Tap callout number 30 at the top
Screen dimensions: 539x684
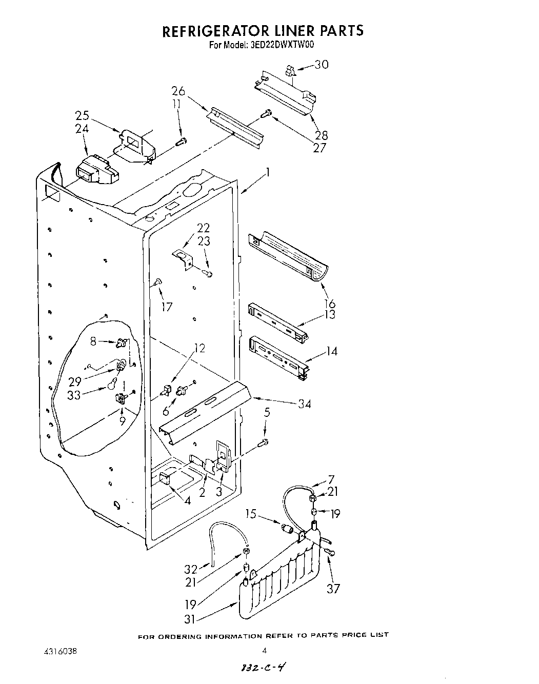[322, 65]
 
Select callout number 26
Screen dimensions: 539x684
[178, 92]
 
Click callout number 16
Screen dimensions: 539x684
[329, 304]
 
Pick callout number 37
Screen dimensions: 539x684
[333, 588]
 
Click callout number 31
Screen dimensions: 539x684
[190, 619]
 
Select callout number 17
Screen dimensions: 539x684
[166, 307]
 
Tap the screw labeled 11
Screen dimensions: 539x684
[182, 142]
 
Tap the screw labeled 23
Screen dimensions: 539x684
[208, 274]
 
